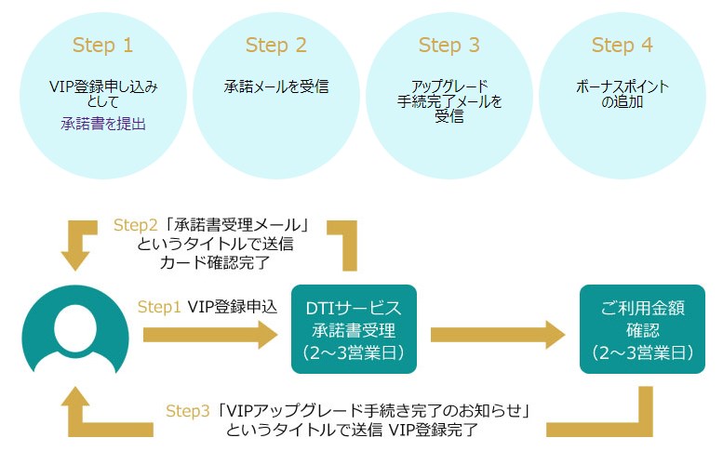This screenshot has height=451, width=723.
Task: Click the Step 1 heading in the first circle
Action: tap(102, 45)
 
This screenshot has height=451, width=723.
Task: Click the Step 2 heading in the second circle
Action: tap(275, 45)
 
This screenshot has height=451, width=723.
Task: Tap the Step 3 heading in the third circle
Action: tap(449, 45)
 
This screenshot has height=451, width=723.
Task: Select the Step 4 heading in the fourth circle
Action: tap(622, 45)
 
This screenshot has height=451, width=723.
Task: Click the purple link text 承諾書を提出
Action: tap(103, 123)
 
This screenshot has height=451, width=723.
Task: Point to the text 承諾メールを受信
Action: tap(275, 87)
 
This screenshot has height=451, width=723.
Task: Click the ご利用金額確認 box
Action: tap(637, 330)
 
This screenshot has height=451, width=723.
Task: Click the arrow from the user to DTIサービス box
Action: tap(210, 335)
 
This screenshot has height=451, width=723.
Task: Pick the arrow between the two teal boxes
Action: tap(498, 335)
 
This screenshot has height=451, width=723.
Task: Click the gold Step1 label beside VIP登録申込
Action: tap(159, 306)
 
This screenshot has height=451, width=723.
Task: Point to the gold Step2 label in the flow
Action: tap(135, 225)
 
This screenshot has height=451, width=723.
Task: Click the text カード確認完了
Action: tap(214, 262)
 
